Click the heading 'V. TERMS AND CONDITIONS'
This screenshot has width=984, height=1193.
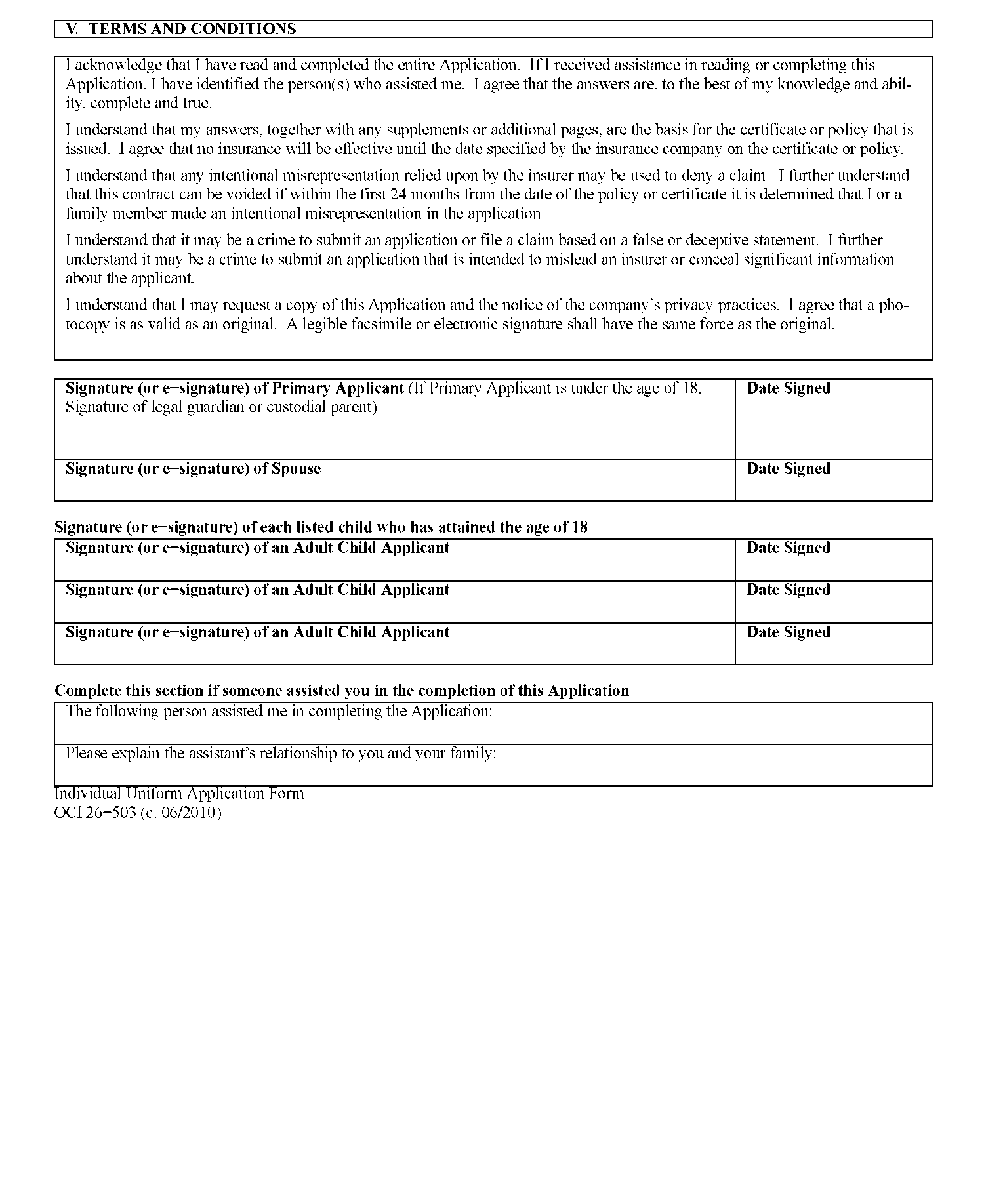tap(181, 29)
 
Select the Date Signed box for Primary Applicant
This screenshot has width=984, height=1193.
tap(832, 420)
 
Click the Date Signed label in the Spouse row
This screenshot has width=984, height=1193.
tap(788, 469)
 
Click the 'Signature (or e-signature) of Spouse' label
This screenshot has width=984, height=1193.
tap(193, 469)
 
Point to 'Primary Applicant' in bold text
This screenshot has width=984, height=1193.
tap(338, 388)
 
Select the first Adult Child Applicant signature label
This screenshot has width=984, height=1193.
tap(257, 548)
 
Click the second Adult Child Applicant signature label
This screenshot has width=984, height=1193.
tap(257, 590)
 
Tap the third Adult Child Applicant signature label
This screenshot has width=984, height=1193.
tap(257, 632)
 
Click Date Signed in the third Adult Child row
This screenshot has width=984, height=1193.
tap(788, 632)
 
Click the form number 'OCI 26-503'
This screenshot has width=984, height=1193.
tap(95, 813)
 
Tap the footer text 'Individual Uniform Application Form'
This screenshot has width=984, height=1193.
tap(179, 794)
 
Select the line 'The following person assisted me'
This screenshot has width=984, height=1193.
tap(279, 712)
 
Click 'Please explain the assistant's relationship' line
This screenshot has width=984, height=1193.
tap(281, 754)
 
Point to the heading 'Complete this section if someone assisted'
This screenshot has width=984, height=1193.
tap(341, 691)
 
